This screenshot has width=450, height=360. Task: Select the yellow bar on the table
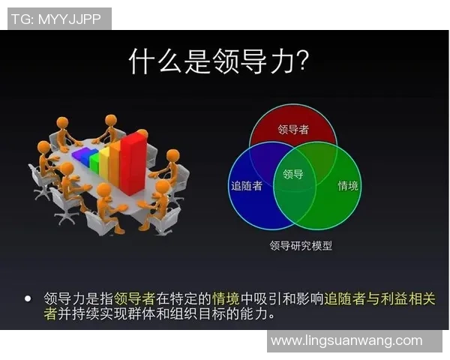(105, 159)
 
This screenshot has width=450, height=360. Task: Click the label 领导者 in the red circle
(293, 130)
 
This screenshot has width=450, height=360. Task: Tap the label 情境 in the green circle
(347, 185)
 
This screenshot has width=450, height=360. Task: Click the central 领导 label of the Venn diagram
(293, 174)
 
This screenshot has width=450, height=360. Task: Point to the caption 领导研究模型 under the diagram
(300, 245)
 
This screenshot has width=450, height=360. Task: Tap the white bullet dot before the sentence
(28, 298)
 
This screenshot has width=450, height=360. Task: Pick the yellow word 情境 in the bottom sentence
(228, 298)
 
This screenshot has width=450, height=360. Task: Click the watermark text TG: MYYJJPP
(59, 19)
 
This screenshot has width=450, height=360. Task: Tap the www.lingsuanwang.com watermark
(346, 340)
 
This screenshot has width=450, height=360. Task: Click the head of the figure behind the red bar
(142, 134)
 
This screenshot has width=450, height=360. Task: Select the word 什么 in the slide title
(156, 61)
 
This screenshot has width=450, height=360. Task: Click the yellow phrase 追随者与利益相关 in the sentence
(379, 298)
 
